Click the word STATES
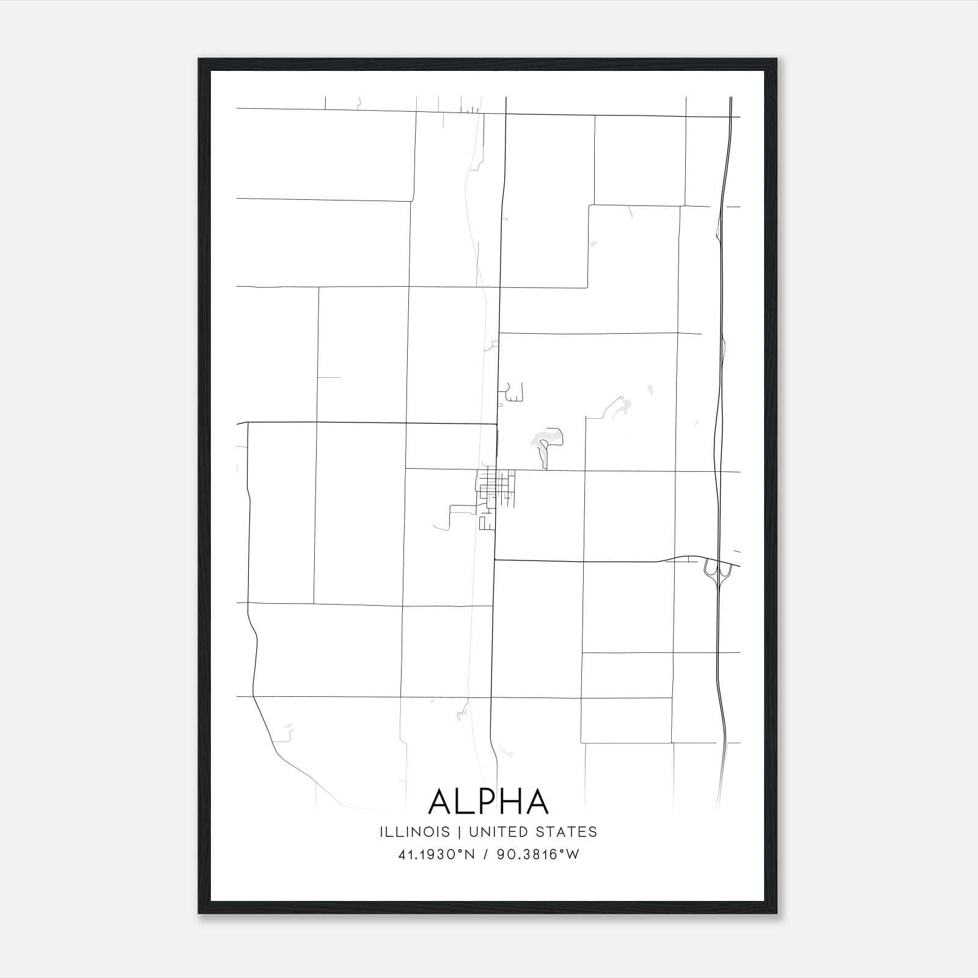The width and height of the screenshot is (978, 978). coord(567,832)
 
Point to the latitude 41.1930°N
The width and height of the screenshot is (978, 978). coord(436,855)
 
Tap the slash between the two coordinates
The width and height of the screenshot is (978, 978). coord(487,855)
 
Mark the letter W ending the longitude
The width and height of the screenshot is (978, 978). coord(573,855)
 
